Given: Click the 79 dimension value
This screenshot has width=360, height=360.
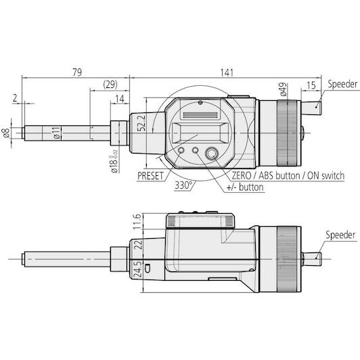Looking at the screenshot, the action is pyautogui.click(x=77, y=72).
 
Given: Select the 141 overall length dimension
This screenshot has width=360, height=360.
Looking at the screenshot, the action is pyautogui.click(x=227, y=72).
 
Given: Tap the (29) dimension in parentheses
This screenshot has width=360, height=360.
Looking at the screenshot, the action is pyautogui.click(x=110, y=85).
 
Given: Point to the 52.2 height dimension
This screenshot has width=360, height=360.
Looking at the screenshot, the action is pyautogui.click(x=142, y=123).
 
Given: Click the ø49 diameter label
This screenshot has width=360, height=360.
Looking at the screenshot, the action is pyautogui.click(x=284, y=89).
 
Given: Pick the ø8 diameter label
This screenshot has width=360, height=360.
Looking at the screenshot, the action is pyautogui.click(x=5, y=133).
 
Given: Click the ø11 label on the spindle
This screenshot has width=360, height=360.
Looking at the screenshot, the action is pyautogui.click(x=57, y=133).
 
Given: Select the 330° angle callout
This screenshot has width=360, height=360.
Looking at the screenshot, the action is pyautogui.click(x=183, y=185).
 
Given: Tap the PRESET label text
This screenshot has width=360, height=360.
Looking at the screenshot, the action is pyautogui.click(x=150, y=176).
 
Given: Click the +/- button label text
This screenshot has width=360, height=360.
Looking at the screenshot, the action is pyautogui.click(x=245, y=187).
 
